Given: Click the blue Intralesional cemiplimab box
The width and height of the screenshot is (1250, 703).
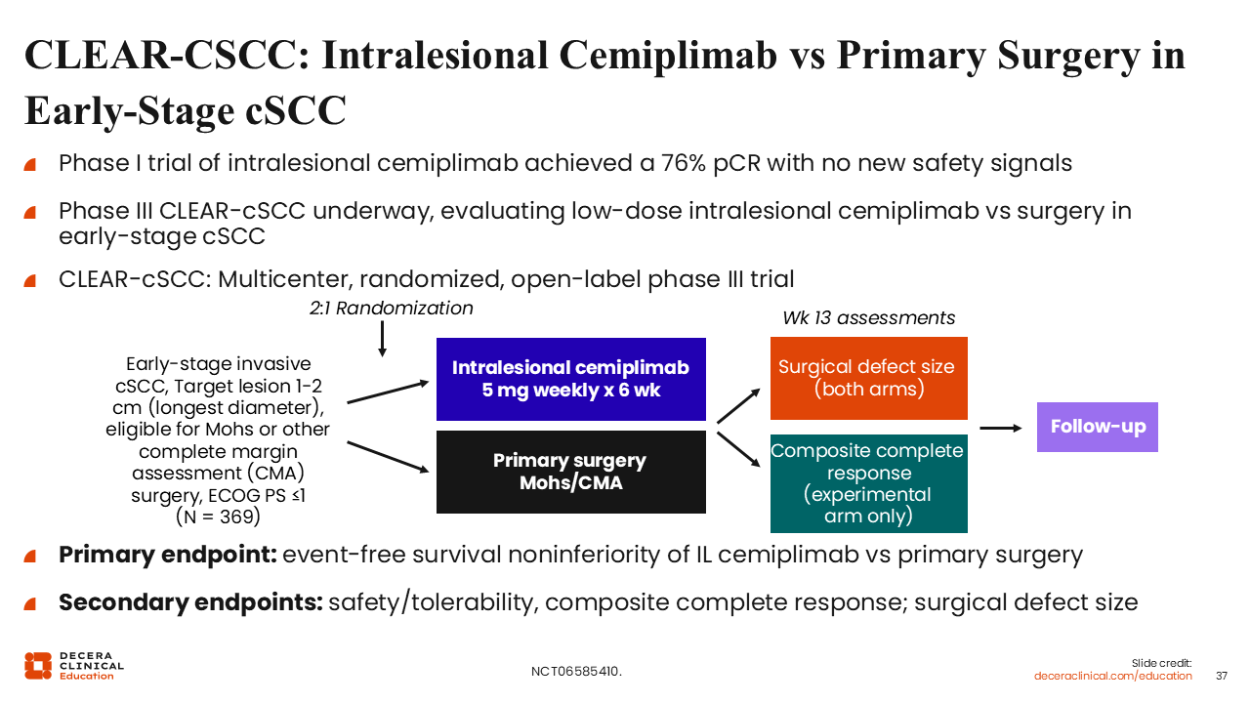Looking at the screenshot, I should click(570, 379).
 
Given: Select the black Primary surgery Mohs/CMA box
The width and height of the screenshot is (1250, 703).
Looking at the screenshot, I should click(570, 472).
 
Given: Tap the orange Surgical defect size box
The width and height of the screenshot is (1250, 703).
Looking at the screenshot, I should click(868, 378).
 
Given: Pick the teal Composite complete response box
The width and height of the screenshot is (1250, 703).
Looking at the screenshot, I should click(868, 483).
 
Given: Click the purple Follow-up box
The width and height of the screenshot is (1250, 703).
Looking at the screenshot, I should click(1097, 427).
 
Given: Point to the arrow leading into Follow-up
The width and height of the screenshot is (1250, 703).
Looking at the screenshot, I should click(1000, 427).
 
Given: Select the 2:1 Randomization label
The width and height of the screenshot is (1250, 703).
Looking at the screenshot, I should click(391, 309).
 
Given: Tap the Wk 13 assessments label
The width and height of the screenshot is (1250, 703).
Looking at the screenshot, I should click(869, 318).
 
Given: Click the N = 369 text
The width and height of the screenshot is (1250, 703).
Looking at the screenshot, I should click(219, 517).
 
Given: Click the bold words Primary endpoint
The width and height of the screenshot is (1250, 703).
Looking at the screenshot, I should click(168, 556).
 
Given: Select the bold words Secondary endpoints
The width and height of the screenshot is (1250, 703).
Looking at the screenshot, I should click(190, 601).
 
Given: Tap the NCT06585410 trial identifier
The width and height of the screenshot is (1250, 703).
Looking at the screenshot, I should click(576, 672).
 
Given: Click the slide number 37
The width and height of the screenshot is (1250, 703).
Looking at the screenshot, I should click(1221, 676).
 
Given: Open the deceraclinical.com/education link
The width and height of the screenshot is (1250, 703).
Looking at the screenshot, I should click(1112, 676).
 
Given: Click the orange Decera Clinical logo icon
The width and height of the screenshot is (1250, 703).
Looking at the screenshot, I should click(38, 665).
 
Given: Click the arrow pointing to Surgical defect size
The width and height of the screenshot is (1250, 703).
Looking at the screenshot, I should click(738, 404).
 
